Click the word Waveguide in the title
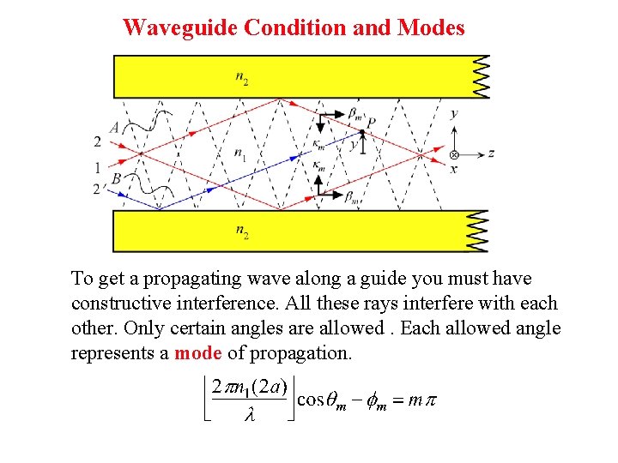180,27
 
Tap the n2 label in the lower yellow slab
243,231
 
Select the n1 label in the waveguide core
239,155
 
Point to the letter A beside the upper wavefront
114,128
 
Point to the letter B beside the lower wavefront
115,179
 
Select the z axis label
490,154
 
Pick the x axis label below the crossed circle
454,169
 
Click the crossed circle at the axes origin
454,155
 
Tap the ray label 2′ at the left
99,188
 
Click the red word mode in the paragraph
198,353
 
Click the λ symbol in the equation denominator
250,416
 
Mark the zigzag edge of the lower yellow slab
478,231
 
